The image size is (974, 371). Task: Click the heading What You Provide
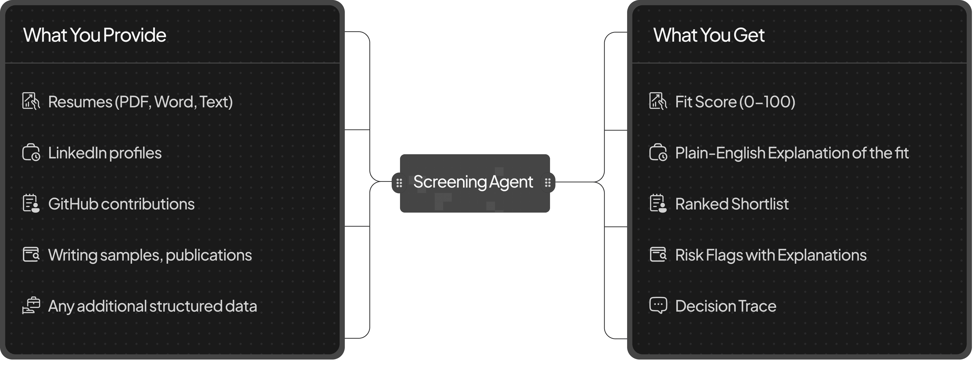coord(95,35)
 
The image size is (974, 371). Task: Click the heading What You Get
coord(709,35)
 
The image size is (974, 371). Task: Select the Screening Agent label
coord(473,182)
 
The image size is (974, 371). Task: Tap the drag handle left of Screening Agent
coord(399,183)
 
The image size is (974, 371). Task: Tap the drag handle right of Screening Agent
coord(547,183)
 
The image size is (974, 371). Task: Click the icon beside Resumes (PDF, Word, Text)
coord(31,101)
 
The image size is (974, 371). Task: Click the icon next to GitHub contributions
coord(31,203)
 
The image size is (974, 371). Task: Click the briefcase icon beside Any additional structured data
coord(31,306)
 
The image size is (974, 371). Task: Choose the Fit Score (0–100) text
coord(735,102)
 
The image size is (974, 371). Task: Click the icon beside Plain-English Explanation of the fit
coord(658,152)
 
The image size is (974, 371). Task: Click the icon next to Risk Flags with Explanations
coord(658,255)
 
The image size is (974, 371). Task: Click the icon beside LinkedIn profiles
coord(31,152)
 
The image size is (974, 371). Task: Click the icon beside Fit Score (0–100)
coord(658,101)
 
